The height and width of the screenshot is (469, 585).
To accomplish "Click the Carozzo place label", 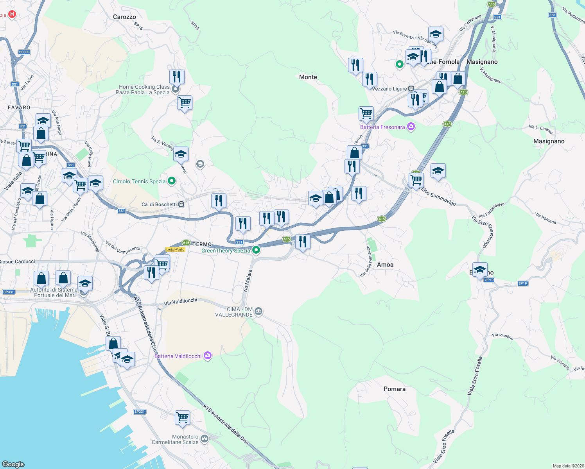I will [124, 17].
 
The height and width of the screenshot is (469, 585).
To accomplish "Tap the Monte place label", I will [308, 77].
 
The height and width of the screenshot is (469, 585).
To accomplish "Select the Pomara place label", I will [394, 389].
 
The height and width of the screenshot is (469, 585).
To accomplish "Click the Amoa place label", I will [385, 265].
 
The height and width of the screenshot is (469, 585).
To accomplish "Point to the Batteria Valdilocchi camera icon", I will [208, 356].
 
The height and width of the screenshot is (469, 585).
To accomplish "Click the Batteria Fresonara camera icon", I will [411, 127].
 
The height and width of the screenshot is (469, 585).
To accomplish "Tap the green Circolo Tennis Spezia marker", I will [171, 181].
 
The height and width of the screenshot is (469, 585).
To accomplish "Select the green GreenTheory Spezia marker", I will [256, 250].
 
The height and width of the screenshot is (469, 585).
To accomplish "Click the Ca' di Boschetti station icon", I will [181, 204].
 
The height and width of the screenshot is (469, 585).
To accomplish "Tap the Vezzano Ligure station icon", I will [411, 89].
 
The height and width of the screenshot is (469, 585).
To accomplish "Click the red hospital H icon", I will [12, 14].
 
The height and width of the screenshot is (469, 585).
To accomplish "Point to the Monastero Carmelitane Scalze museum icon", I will [205, 439].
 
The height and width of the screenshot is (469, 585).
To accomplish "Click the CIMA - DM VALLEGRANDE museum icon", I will [258, 311].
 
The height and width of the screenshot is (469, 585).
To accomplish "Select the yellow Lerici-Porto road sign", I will [175, 249].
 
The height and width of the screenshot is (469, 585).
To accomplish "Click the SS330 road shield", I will [24, 52].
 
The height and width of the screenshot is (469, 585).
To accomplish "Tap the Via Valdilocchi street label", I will [180, 302].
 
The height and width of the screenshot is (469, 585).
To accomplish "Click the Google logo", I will [13, 464].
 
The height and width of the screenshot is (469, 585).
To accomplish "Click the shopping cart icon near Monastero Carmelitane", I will [183, 418].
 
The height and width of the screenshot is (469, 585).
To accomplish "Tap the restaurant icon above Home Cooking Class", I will [177, 77].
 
